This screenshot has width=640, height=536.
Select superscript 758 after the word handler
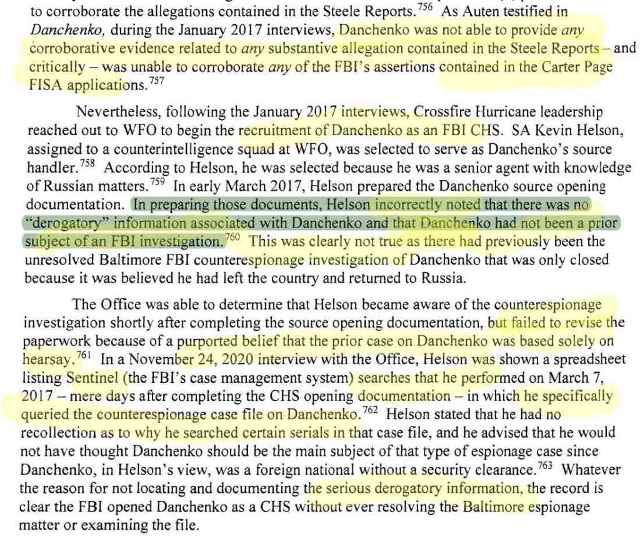point(87,164)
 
